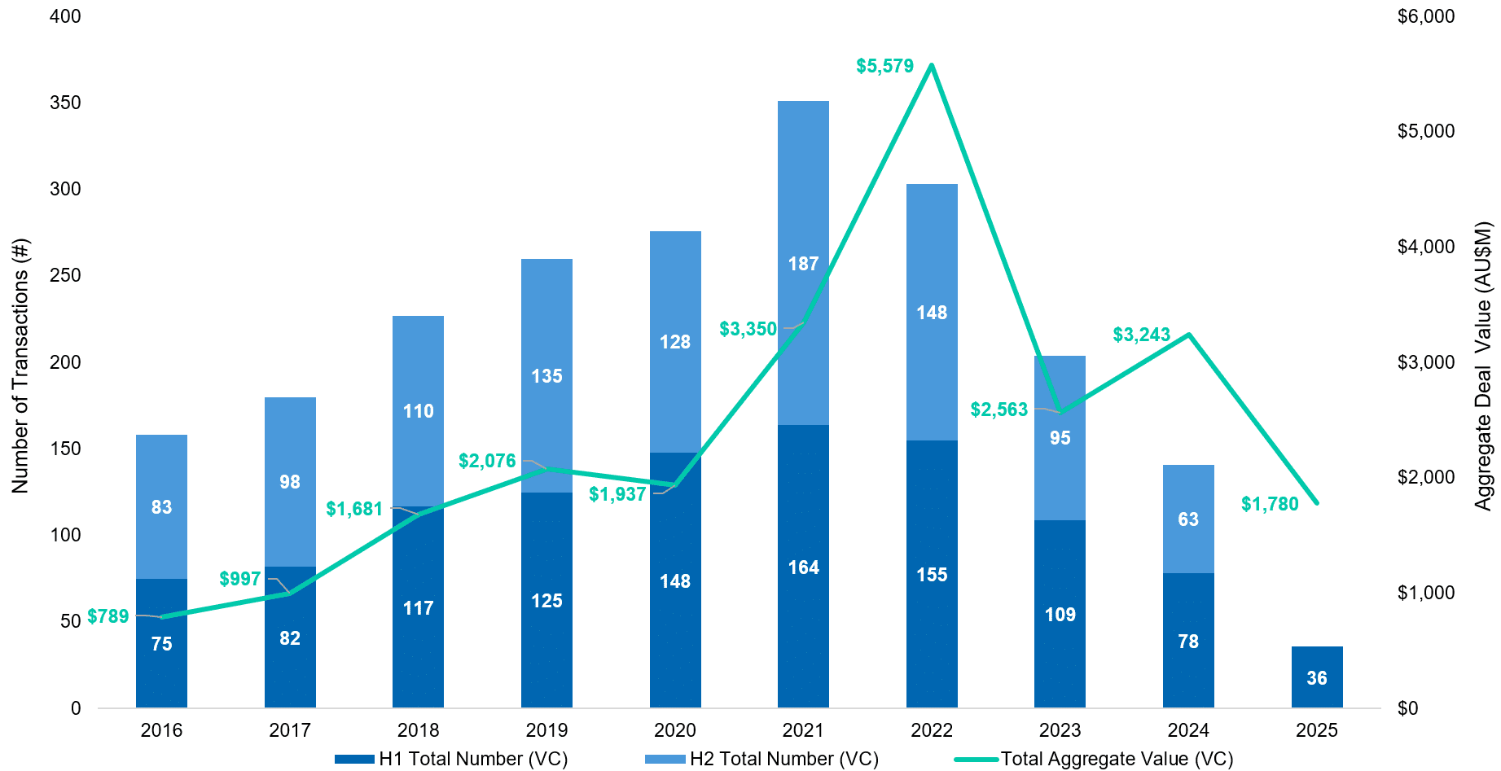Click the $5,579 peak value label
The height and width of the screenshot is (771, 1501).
tap(884, 66)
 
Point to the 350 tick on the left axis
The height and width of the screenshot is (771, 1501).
tap(65, 103)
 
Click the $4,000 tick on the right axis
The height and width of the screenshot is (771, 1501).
tap(1425, 247)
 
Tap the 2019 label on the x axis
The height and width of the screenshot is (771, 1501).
tap(546, 730)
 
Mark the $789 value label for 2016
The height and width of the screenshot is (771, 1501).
tap(108, 616)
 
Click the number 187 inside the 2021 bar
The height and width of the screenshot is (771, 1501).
tap(803, 264)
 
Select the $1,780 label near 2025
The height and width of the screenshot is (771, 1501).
tap(1270, 504)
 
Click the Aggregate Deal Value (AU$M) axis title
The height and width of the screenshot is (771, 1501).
tap(1483, 366)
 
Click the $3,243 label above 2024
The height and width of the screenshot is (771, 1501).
tap(1141, 335)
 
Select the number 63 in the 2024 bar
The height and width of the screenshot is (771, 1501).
tap(1188, 519)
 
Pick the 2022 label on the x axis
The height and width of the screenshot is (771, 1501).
tap(932, 730)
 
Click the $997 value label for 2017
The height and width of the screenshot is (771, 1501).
tap(240, 579)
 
